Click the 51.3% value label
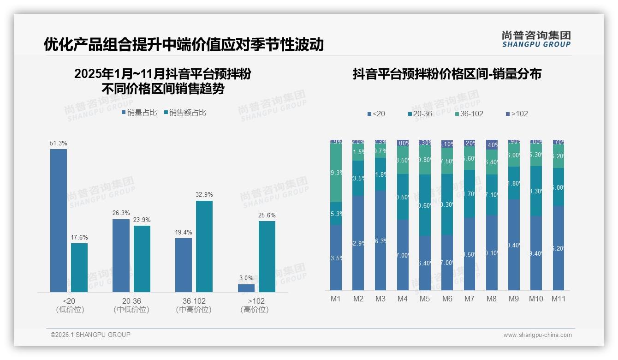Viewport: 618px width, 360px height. coord(59,143)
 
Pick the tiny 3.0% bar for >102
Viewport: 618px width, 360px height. coord(246,288)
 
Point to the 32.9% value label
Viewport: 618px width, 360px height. coord(204,195)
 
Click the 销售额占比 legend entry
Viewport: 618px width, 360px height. coord(185,112)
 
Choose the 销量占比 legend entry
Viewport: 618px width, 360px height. coord(139,112)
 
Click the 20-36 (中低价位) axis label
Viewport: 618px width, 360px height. coord(131,305)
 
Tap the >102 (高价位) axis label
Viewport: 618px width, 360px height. coord(255,305)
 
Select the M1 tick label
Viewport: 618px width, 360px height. coord(336,299)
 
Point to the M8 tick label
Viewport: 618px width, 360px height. coord(492,299)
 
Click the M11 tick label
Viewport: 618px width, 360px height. coord(559,299)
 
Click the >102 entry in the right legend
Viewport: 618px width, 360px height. coord(517,114)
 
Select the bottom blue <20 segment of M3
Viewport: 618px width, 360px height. coord(380,240)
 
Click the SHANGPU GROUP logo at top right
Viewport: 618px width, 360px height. coord(536,39)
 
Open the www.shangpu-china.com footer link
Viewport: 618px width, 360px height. coord(537,335)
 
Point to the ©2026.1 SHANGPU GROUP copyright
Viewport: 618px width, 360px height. coord(90,335)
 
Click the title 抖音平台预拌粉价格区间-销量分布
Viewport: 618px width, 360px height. coord(447,74)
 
